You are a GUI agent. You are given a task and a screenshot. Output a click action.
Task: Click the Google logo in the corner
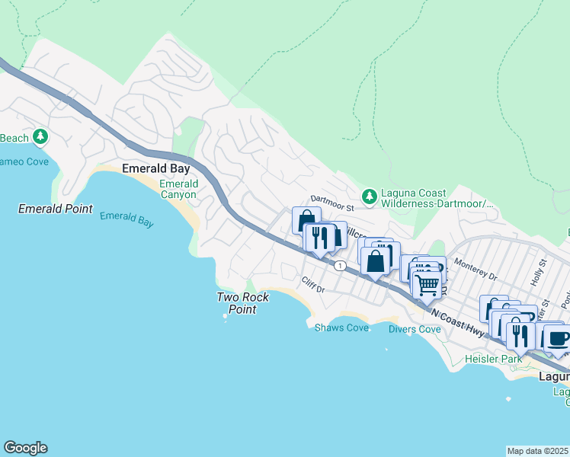[25, 448]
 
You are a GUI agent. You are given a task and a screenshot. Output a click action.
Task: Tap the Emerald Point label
[55, 209]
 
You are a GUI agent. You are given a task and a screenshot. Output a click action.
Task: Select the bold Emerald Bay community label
[150, 170]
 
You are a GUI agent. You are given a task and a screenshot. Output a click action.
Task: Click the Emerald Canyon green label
[178, 189]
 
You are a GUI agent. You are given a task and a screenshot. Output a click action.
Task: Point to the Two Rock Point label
[242, 303]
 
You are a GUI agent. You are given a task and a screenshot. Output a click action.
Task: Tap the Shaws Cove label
[341, 328]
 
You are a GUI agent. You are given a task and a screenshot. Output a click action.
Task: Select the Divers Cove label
[415, 329]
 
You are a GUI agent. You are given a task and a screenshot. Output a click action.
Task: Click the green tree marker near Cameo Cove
[40, 138]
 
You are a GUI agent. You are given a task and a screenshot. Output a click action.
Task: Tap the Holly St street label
[543, 270]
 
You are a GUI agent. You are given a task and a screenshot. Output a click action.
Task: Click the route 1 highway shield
[339, 265]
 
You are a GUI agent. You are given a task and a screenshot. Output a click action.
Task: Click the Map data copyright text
[538, 451]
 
